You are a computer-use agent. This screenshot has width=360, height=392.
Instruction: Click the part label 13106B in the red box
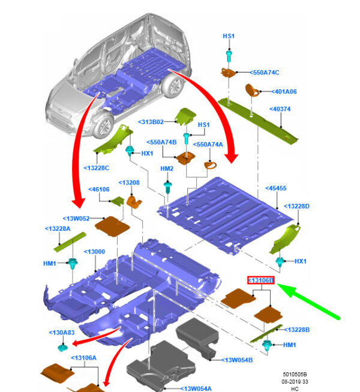click(261, 280)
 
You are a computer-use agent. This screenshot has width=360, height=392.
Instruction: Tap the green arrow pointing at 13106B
click(312, 303)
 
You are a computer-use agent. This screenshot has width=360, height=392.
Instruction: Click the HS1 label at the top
click(228, 36)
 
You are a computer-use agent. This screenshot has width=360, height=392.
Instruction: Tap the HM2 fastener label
click(167, 169)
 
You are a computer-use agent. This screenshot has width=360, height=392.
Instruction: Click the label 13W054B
click(237, 360)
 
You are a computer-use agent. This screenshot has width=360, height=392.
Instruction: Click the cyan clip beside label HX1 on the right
click(281, 261)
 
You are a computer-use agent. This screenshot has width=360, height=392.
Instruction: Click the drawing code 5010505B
click(298, 372)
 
